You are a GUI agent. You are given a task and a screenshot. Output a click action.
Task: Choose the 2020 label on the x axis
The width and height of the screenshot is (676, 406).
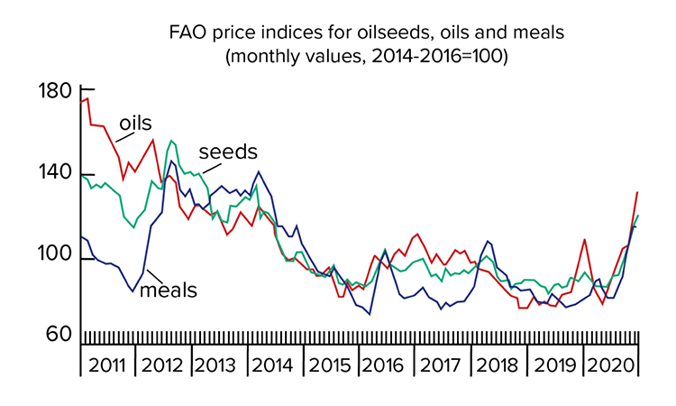610,367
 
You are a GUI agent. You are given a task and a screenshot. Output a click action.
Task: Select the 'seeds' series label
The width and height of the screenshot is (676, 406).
228,151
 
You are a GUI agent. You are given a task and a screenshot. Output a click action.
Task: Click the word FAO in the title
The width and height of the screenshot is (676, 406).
190,33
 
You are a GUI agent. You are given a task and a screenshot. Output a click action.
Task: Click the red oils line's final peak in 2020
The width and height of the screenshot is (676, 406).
637,191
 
